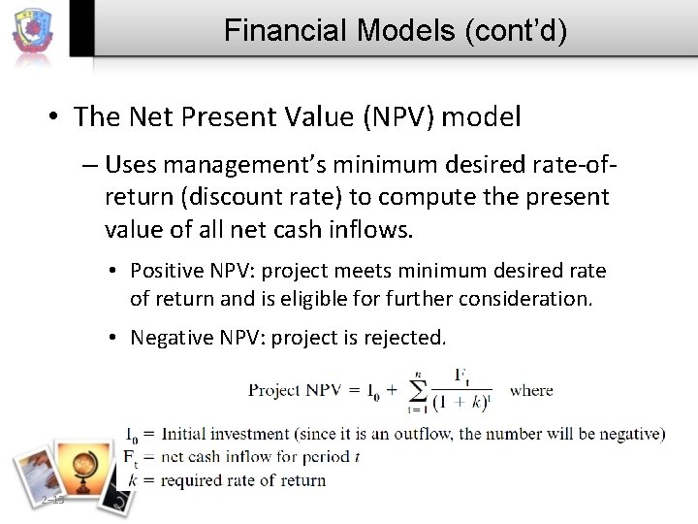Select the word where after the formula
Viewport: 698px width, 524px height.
click(530, 390)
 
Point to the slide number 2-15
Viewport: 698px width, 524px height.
click(52, 499)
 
